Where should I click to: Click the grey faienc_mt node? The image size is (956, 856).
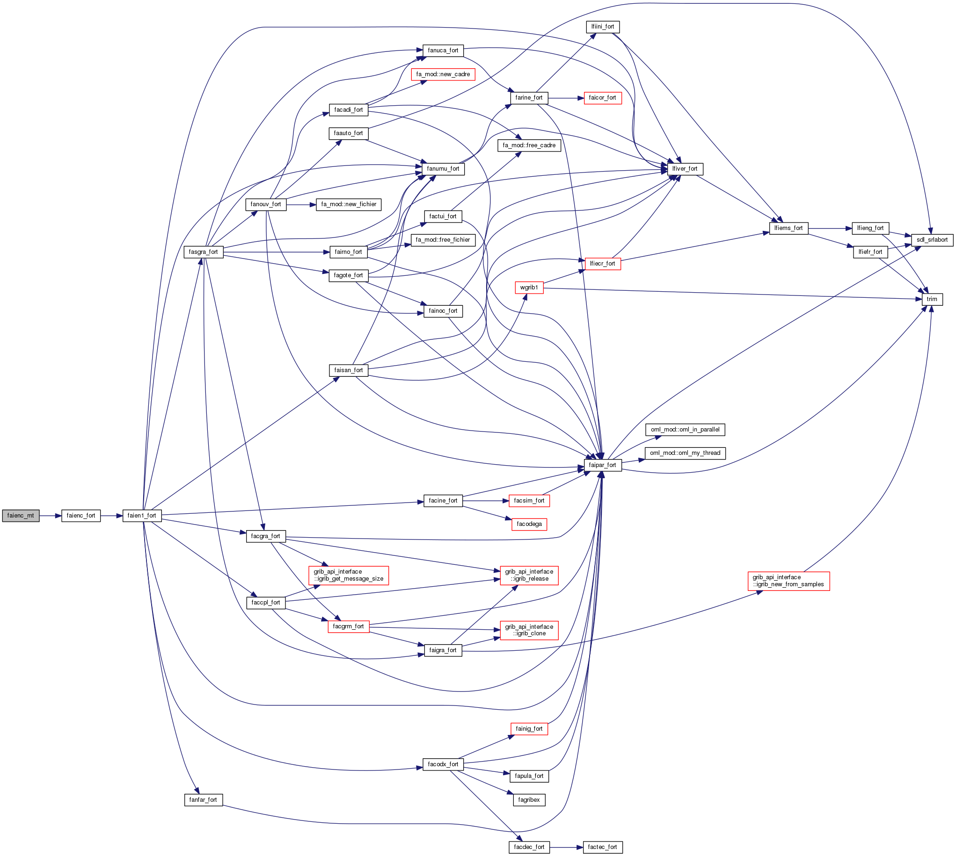(21, 516)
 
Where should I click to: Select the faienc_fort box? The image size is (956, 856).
(81, 516)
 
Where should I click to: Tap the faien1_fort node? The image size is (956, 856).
(142, 516)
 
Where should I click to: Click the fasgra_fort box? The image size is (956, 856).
(203, 252)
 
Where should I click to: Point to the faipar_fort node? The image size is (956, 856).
(602, 465)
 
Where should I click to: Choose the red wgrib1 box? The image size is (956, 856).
(529, 288)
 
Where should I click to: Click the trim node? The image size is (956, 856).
(932, 299)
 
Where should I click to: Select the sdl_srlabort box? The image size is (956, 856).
(932, 240)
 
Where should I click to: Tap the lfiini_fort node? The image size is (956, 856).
(603, 27)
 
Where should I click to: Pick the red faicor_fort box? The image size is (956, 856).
(602, 98)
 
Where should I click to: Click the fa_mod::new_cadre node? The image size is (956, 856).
(443, 74)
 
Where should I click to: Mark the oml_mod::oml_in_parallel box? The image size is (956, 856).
(685, 430)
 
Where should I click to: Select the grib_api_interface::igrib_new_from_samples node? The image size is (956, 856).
(788, 581)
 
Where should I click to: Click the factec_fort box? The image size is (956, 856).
(602, 847)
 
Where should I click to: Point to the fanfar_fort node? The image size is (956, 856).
(203, 799)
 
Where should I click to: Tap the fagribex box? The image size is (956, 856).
(529, 799)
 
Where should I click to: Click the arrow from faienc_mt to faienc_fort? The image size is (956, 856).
(51, 516)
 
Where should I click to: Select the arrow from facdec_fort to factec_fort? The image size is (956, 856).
(566, 847)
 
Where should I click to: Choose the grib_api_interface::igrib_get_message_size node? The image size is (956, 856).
(348, 575)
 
